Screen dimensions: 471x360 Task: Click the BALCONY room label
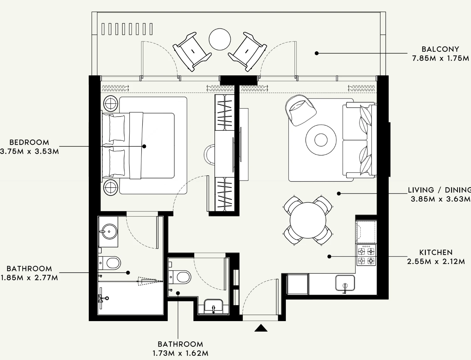(x=440, y=49)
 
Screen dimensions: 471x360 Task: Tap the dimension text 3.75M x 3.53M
(x=29, y=151)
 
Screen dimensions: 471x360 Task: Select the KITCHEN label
(x=436, y=252)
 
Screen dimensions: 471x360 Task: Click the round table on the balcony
(x=220, y=40)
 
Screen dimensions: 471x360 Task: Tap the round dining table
(x=308, y=220)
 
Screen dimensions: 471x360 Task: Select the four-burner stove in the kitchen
(x=366, y=255)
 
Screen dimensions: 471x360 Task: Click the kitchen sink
(x=345, y=283)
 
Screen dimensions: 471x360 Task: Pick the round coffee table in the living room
(x=321, y=140)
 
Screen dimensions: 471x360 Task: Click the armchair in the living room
(x=301, y=110)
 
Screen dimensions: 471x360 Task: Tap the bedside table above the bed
(x=111, y=103)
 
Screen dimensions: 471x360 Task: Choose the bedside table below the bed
(x=111, y=187)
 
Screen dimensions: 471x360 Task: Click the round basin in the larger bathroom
(x=109, y=231)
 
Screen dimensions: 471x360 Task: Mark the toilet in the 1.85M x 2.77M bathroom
(x=110, y=263)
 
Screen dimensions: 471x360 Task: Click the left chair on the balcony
(x=192, y=52)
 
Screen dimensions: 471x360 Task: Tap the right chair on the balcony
(x=248, y=52)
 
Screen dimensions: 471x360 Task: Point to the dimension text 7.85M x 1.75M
(x=440, y=58)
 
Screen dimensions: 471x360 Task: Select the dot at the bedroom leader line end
(x=144, y=146)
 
